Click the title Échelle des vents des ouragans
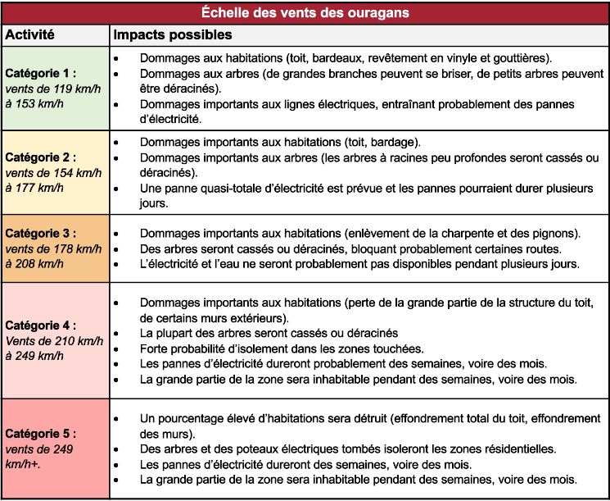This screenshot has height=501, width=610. click(x=305, y=12)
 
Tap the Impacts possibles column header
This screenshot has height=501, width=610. click(x=172, y=36)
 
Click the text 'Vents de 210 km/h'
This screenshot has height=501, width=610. click(x=54, y=341)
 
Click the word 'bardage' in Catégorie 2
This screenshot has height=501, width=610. click(x=395, y=142)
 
